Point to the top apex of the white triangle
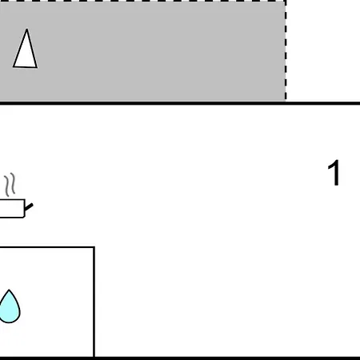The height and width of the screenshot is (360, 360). pos(26,30)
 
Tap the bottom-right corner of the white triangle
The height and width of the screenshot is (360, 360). pos(37,67)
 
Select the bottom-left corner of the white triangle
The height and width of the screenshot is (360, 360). pos(14,66)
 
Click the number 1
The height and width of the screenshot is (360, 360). pos(334,173)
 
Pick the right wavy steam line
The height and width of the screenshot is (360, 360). pos(13,183)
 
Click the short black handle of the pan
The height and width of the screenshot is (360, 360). pos(29,207)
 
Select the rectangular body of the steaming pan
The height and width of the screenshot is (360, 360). pos(12,208)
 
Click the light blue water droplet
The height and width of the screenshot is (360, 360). pos(10,308)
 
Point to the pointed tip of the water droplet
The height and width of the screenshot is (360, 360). pos(9,290)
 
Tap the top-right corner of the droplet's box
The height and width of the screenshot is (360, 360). pos(94,247)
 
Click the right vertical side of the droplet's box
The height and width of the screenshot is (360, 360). pos(94,302)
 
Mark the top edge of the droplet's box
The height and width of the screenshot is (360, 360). pos(47,247)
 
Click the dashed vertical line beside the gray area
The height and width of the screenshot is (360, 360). pos(286,50)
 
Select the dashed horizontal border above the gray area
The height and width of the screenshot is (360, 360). pos(142,1)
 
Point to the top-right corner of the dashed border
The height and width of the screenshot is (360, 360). pos(286,1)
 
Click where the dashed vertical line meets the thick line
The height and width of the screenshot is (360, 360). pos(286,102)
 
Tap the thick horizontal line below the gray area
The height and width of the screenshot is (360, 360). pos(180,103)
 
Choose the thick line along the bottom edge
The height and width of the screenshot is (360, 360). pos(180,358)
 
